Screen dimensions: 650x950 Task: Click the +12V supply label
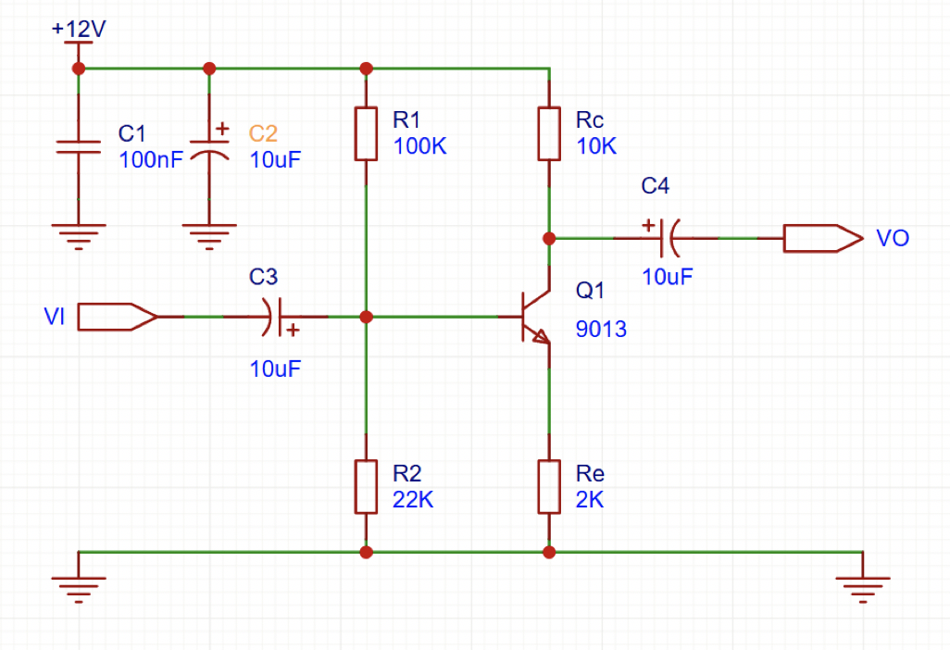[79, 29]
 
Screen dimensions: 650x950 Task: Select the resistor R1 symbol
[367, 133]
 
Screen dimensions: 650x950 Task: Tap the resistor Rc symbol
[549, 133]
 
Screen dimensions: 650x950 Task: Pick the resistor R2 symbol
[367, 486]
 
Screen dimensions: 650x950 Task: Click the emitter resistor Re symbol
[549, 486]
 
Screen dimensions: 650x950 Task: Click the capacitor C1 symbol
[79, 145]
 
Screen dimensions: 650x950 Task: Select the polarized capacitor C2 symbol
[209, 148]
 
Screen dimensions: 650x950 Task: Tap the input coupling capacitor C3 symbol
[275, 318]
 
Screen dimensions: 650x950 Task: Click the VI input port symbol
[117, 318]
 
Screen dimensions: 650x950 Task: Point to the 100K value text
[419, 146]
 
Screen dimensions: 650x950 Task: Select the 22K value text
[413, 499]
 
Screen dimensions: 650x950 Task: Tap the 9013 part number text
[601, 329]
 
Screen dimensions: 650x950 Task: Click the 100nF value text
[151, 159]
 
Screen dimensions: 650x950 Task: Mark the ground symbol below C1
[79, 236]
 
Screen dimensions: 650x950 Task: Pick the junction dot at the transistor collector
[549, 238]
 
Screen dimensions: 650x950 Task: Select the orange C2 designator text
[264, 133]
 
